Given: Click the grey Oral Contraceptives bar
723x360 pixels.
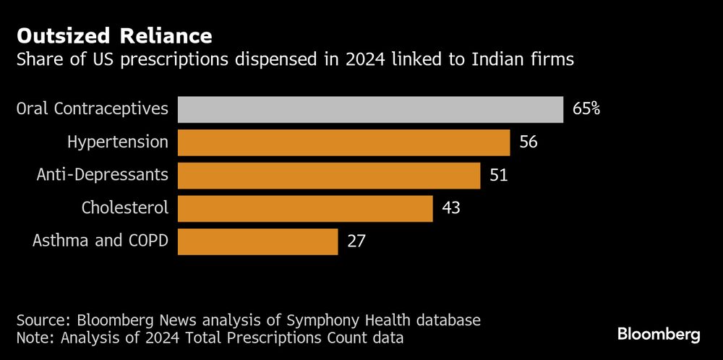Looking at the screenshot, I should pyautogui.click(x=370, y=110).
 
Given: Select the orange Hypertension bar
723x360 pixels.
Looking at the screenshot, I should pyautogui.click(x=343, y=142).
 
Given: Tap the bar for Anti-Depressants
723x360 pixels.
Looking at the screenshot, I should pyautogui.click(x=329, y=176).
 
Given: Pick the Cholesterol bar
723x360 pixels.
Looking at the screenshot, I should pyautogui.click(x=305, y=208).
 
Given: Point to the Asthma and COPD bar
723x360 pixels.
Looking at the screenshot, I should pyautogui.click(x=257, y=241).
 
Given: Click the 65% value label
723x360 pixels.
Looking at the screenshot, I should pyautogui.click(x=586, y=110).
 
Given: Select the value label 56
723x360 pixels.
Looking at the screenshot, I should pyautogui.click(x=529, y=142).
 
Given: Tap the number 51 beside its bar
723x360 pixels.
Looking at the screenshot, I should pyautogui.click(x=499, y=176).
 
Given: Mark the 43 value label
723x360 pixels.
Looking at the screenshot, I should pyautogui.click(x=451, y=208).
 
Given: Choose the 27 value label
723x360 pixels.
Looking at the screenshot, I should pyautogui.click(x=356, y=241).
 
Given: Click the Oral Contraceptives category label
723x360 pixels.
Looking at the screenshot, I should pyautogui.click(x=93, y=109).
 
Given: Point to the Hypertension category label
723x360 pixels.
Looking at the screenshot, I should pyautogui.click(x=118, y=142).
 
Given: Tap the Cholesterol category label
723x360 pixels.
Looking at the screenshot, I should pyautogui.click(x=125, y=208).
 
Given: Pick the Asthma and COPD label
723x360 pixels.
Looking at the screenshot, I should pyautogui.click(x=100, y=241).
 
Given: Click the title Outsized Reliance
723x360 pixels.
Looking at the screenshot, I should pyautogui.click(x=114, y=35).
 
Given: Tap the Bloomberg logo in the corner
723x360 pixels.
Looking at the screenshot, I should pyautogui.click(x=659, y=334).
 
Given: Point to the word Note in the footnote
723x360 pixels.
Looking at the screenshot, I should pyautogui.click(x=33, y=337).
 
